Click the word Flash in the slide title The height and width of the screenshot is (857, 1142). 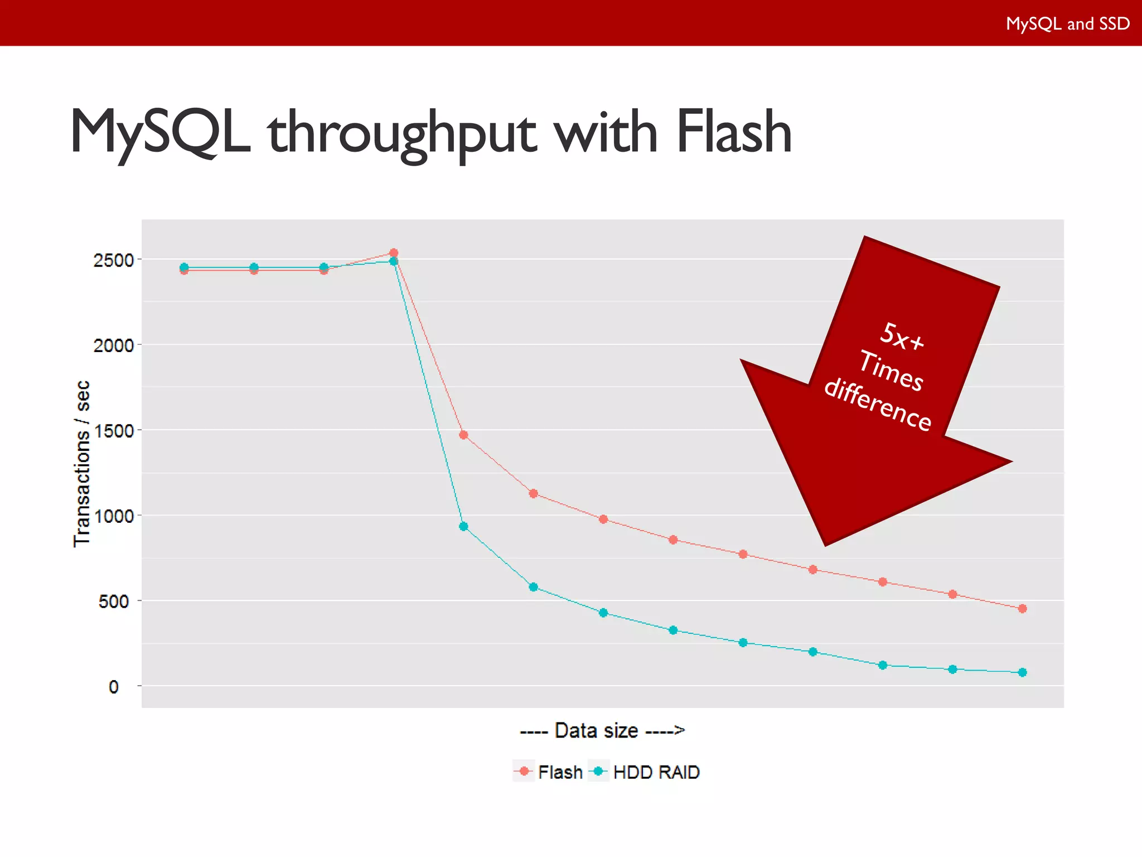tap(733, 132)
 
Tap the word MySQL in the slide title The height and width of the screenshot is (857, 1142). tap(161, 132)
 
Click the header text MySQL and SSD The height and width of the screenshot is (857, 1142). tap(1067, 23)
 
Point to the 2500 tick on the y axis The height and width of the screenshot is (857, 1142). tap(114, 260)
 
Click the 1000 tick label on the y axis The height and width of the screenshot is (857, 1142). tap(114, 516)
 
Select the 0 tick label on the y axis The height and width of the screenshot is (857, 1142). tap(114, 687)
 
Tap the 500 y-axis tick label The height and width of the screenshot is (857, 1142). tap(114, 601)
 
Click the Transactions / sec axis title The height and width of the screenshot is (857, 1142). tap(82, 464)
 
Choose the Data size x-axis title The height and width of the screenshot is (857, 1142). tap(602, 730)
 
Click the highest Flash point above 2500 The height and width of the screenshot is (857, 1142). tap(394, 253)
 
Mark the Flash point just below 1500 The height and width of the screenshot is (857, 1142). tap(463, 435)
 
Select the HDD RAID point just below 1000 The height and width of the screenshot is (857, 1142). tap(463, 526)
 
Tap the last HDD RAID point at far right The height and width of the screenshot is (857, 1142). tap(1022, 672)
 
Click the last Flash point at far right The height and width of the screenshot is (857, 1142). tap(1022, 609)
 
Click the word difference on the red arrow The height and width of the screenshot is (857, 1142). tap(878, 405)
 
